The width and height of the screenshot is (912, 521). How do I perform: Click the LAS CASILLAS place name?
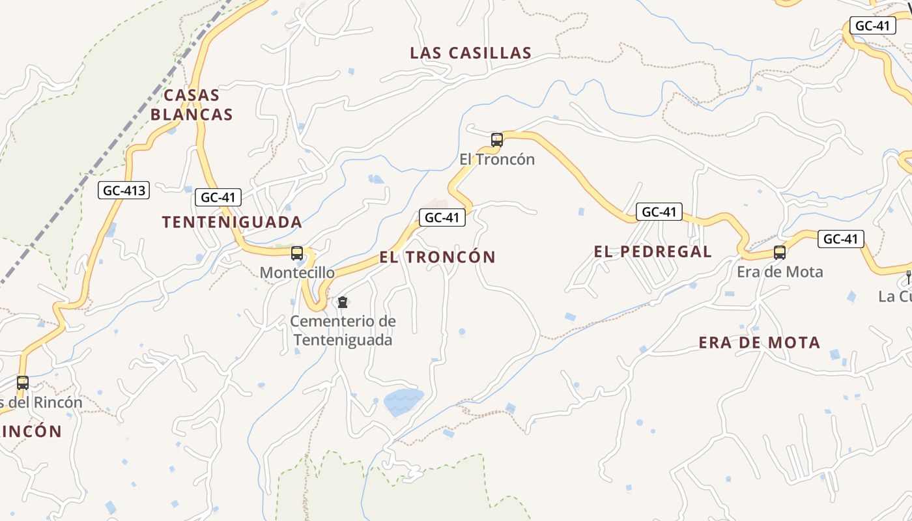[x=470, y=53]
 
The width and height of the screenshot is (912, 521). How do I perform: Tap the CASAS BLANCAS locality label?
[x=192, y=105]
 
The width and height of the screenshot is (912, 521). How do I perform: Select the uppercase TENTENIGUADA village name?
[x=232, y=222]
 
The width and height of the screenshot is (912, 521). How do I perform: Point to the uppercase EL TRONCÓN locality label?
[x=437, y=257]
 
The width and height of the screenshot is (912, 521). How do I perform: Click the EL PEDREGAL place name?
[x=653, y=252]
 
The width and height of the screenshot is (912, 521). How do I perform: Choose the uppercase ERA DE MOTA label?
[x=759, y=343]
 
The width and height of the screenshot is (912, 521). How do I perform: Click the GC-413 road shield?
[x=124, y=191]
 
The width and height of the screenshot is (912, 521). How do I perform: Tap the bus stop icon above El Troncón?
[x=496, y=139]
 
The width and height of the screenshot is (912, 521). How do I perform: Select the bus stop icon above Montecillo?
[x=297, y=253]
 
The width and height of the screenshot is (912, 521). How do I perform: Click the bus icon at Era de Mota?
[x=780, y=253]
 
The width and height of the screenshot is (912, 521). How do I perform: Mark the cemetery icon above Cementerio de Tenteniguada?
[x=343, y=302]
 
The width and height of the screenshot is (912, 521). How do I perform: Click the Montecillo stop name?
[x=297, y=273]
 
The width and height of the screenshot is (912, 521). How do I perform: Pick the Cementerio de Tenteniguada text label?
[x=343, y=331]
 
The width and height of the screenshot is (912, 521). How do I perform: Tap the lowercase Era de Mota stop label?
[x=780, y=272]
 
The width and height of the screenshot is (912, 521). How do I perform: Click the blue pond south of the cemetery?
[x=403, y=402]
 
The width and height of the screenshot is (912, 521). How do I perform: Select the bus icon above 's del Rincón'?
[x=23, y=383]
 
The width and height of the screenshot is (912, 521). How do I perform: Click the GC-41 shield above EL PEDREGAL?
[x=659, y=212]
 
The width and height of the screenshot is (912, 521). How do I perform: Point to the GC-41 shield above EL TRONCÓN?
[x=442, y=218]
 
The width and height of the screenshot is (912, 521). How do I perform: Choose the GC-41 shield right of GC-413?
[x=218, y=197]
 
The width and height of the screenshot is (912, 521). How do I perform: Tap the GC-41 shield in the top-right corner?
[x=872, y=26]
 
